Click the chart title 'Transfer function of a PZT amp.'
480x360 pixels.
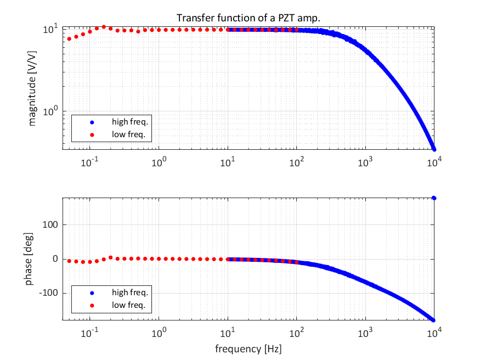249,18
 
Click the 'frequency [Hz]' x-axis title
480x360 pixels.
249,348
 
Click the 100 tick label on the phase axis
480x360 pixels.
50,224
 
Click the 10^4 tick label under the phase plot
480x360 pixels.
435,333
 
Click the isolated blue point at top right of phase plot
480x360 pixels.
434,198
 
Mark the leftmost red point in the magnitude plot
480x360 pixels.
69,39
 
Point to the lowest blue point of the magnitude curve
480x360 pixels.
434,149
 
